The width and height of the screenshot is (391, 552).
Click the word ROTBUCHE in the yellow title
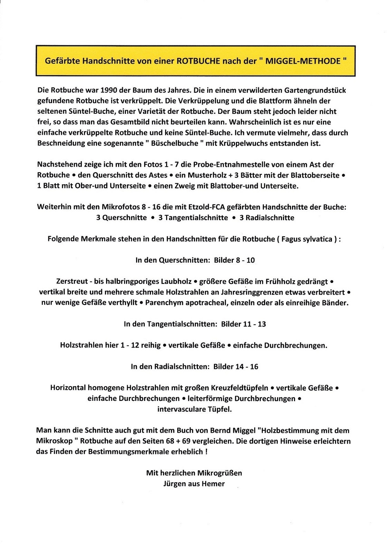199,61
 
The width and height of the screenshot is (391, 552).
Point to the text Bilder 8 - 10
234,260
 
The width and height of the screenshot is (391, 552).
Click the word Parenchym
162,303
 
